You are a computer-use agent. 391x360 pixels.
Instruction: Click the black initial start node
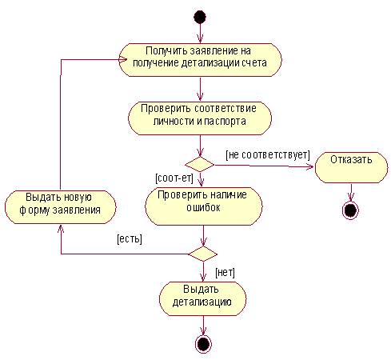pos(200,18)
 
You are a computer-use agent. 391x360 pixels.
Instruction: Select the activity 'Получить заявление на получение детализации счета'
pos(200,60)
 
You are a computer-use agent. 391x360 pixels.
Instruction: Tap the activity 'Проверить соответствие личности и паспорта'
pos(200,118)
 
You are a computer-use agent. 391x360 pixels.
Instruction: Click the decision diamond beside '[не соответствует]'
pos(200,164)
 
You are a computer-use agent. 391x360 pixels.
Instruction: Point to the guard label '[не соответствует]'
pos(268,155)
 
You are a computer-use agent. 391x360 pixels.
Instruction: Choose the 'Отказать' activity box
pos(351,167)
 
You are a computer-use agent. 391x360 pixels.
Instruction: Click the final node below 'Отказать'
pos(350,210)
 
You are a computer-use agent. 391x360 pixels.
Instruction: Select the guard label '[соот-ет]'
pos(174,178)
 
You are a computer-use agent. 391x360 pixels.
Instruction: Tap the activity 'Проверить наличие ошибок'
pos(204,206)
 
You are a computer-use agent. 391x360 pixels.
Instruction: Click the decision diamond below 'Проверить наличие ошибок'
pos(203,254)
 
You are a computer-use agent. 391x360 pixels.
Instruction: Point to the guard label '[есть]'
pos(130,238)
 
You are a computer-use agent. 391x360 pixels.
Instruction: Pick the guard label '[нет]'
pos(225,273)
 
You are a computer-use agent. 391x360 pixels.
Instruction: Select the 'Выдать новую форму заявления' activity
pos(61,207)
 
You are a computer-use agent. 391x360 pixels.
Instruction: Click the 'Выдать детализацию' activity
pos(203,298)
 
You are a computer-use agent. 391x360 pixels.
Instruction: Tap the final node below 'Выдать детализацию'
pos(203,344)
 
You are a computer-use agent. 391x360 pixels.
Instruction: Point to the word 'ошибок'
pos(203,207)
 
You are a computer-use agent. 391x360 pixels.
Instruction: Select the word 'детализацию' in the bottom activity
pos(202,302)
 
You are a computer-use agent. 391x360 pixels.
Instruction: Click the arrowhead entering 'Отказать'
pos(310,167)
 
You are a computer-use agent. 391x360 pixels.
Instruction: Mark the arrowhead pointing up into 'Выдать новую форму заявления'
pos(61,228)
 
